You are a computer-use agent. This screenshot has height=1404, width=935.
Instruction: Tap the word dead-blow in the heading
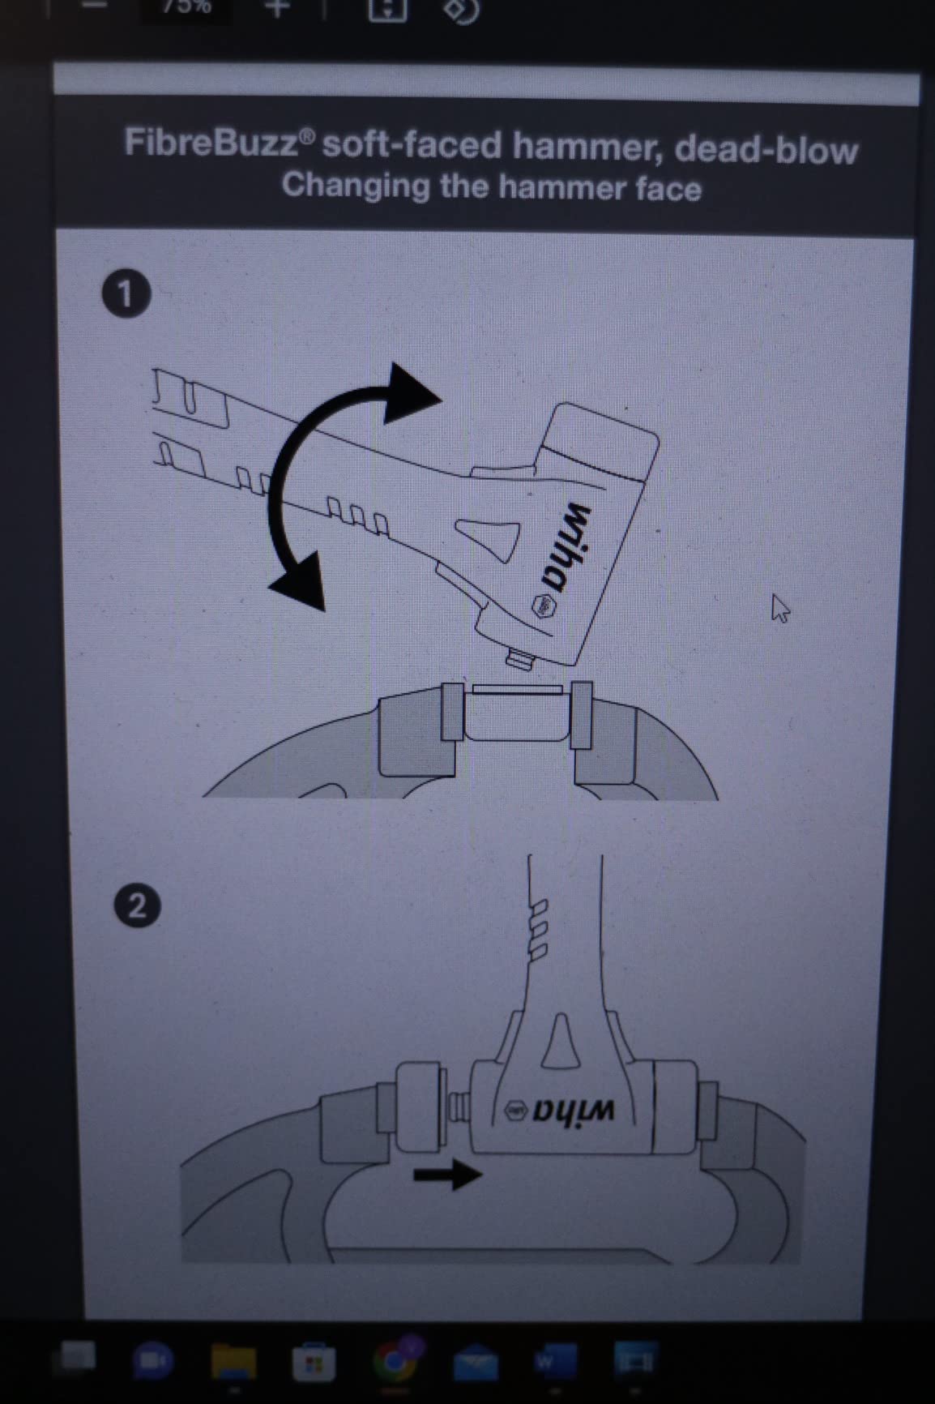766,150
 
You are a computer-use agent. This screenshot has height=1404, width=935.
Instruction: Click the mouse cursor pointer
779,608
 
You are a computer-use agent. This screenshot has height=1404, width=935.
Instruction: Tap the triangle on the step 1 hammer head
490,535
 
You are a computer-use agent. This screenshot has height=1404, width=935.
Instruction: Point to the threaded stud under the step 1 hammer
519,657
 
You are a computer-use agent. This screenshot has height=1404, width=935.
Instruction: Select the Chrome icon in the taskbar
395,1360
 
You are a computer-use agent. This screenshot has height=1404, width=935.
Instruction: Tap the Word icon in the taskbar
556,1360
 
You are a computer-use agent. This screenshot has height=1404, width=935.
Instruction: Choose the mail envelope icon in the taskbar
476,1362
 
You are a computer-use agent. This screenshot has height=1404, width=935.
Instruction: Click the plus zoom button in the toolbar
277,9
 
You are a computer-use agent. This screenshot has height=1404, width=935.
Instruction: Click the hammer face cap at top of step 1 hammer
600,440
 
